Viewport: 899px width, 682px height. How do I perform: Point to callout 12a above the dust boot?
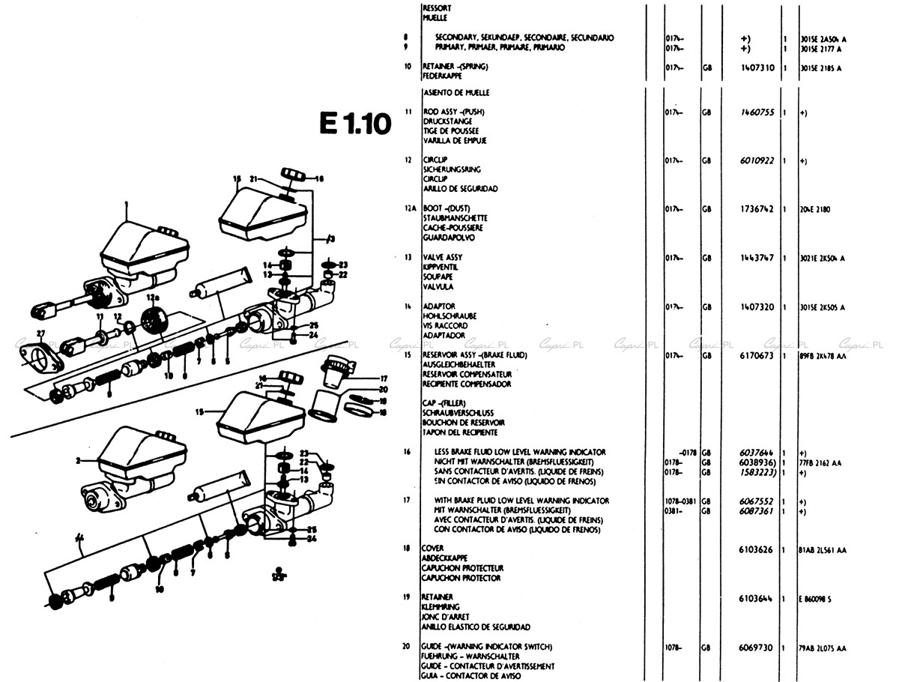pos(153,298)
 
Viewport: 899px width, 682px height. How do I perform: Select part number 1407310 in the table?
pos(756,67)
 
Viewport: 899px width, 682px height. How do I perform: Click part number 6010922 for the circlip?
pos(756,160)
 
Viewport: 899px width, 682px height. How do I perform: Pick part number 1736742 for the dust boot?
pos(756,209)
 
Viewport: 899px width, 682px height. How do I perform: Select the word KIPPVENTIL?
pos(440,267)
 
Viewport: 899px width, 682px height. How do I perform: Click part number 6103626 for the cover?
pos(756,549)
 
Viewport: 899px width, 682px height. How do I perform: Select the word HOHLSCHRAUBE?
pos(449,316)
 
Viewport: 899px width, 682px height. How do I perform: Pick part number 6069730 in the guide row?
pos(756,647)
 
